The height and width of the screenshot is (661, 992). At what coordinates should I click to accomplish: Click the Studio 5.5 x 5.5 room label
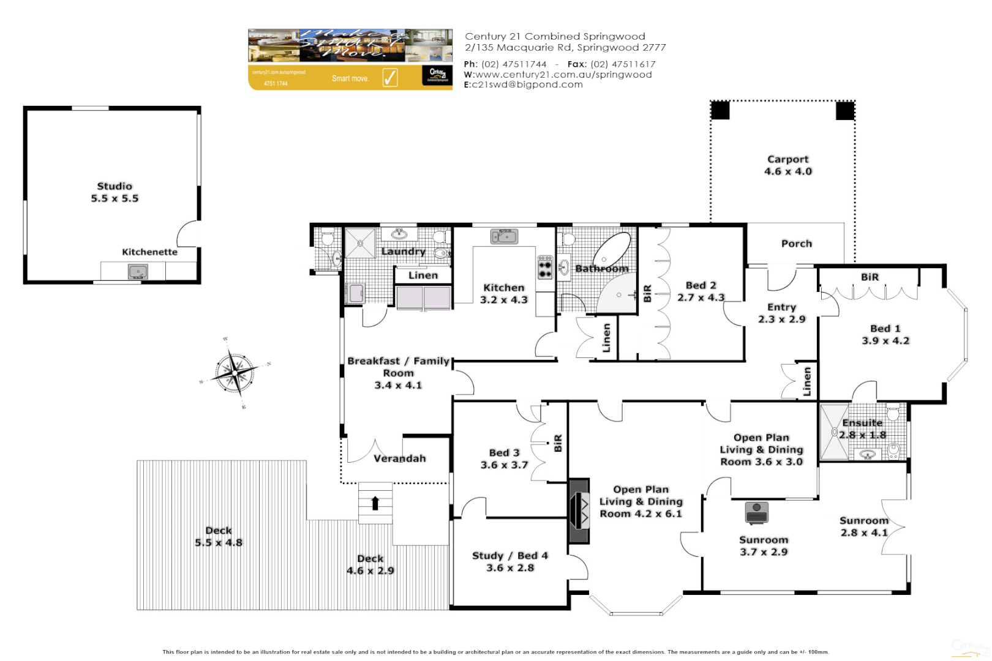click(115, 192)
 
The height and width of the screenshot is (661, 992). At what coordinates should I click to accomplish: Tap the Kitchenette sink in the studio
click(138, 271)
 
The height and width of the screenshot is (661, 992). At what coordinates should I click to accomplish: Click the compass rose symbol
click(235, 372)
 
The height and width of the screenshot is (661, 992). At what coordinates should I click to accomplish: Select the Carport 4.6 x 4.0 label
click(788, 165)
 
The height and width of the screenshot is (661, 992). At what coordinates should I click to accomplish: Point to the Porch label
click(796, 244)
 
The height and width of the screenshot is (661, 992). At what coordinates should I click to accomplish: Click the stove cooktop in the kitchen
click(545, 267)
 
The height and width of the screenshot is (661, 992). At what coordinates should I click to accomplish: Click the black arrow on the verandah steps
click(375, 503)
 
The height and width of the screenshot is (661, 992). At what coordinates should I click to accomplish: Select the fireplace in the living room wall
click(579, 511)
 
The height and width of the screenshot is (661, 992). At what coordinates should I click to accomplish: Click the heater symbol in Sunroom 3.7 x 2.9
click(757, 513)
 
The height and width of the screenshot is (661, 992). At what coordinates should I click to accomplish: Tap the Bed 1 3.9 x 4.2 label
click(885, 335)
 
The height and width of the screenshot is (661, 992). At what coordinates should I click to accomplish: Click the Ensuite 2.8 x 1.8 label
click(862, 428)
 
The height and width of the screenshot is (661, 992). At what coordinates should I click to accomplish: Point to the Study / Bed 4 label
click(510, 561)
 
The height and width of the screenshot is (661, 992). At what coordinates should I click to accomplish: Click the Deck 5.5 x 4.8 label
click(219, 537)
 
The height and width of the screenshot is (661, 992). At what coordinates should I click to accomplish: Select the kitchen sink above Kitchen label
click(504, 236)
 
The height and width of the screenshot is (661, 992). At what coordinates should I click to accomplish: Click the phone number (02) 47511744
click(514, 64)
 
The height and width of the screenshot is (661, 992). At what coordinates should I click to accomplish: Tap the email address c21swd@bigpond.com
click(527, 84)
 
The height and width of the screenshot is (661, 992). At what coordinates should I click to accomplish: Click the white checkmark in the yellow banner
click(390, 78)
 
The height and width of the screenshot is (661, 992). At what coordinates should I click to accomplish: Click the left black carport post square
click(720, 111)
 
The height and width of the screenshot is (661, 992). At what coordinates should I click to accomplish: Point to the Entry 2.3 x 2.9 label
click(781, 313)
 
